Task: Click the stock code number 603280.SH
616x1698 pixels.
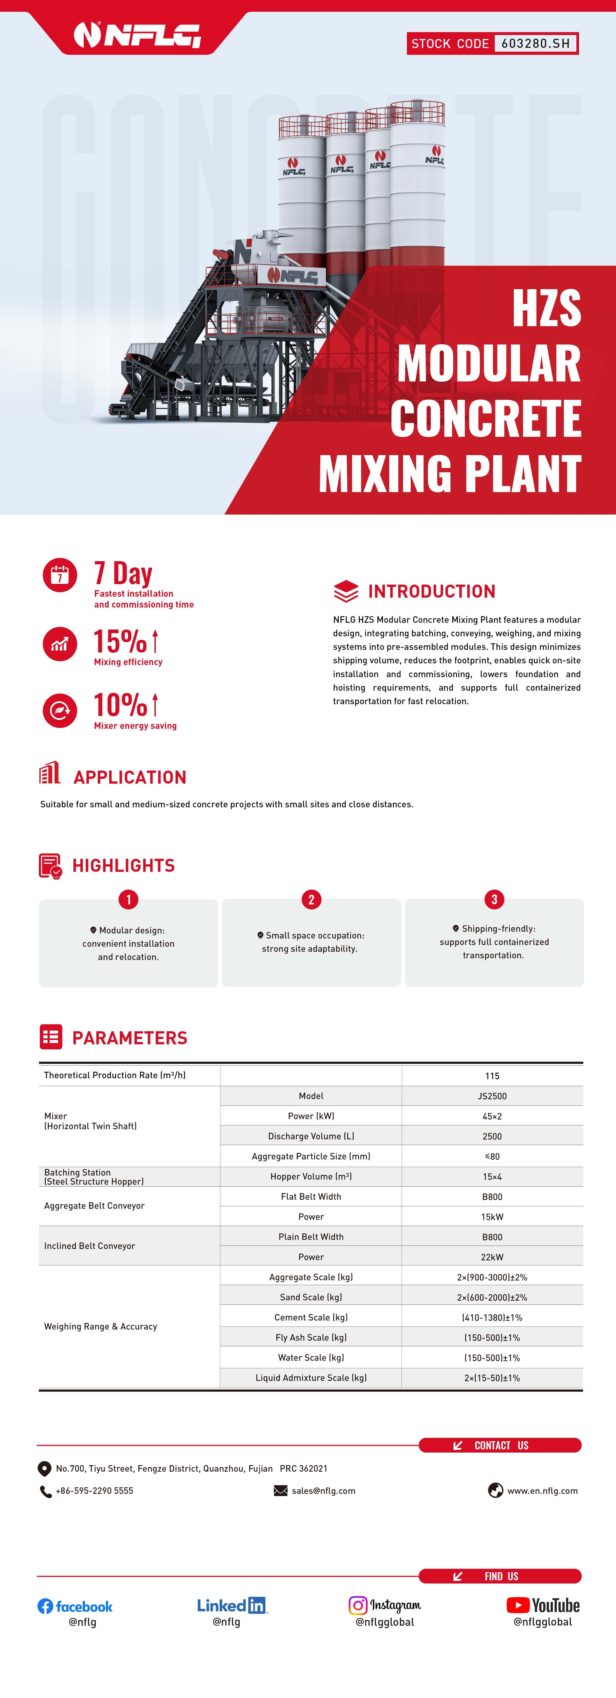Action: [x=535, y=43]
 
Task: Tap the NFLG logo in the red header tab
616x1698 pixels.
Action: [x=137, y=35]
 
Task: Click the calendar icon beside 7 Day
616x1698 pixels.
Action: [x=60, y=575]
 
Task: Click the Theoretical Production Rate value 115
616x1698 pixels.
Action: [x=492, y=1076]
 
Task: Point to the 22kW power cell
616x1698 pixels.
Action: [x=492, y=1257]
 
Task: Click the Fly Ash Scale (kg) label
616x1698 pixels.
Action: [x=311, y=1337]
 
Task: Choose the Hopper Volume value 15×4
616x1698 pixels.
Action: [x=492, y=1177]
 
